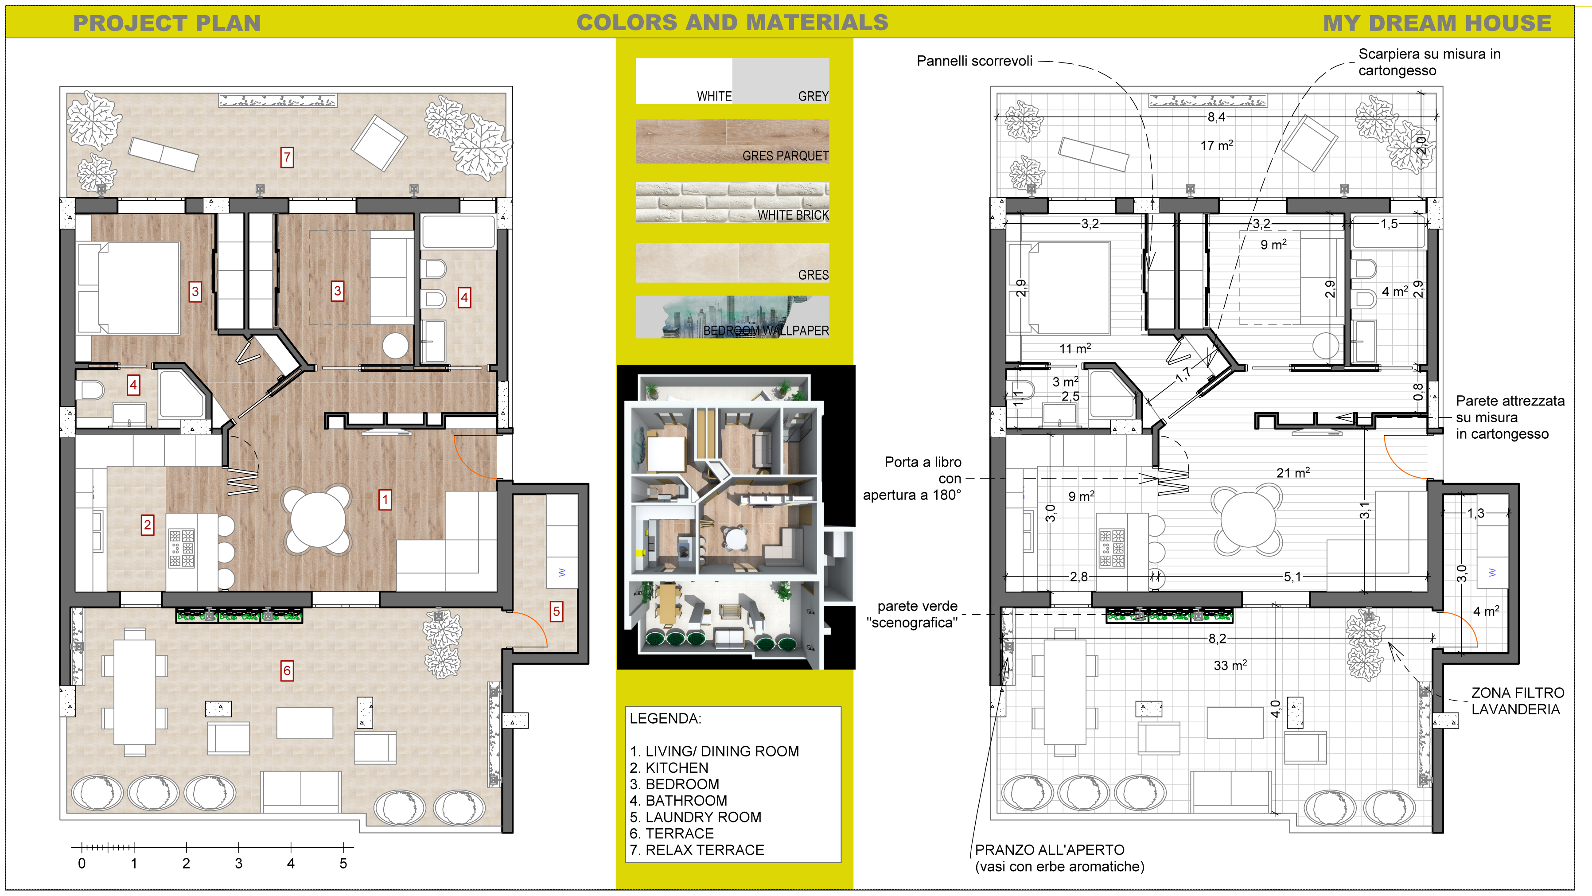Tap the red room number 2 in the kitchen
click(x=147, y=525)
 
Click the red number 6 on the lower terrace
click(x=287, y=670)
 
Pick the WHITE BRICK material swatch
click(x=732, y=202)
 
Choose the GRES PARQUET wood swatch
click(x=732, y=141)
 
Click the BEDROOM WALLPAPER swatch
click(x=732, y=317)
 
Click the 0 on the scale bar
click(x=82, y=864)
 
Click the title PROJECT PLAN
click(x=167, y=23)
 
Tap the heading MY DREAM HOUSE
click(x=1437, y=23)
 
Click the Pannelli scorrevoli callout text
click(x=975, y=61)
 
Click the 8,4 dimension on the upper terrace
click(x=1216, y=117)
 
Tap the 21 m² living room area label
click(x=1293, y=473)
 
